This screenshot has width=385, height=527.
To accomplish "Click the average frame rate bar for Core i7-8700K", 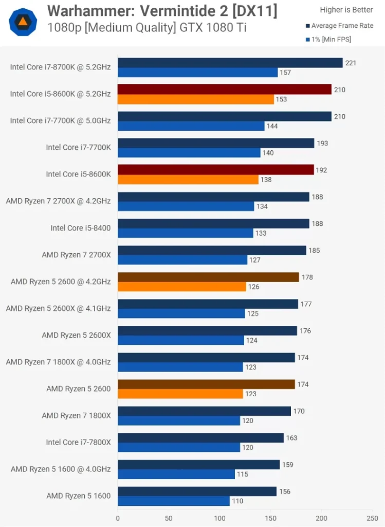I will click(230, 63).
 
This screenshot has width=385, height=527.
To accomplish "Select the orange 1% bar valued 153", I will click(195, 99).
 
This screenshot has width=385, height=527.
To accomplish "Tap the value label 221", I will click(351, 63).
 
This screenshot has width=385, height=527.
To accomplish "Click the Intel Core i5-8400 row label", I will click(80, 227).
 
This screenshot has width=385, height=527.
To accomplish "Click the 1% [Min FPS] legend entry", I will click(331, 39).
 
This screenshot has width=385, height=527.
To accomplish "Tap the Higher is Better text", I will click(346, 10).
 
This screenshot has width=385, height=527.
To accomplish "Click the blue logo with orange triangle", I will click(23, 21).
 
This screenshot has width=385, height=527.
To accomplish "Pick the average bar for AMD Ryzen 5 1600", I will click(197, 491).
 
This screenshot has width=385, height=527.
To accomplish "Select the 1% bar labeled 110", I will click(173, 501).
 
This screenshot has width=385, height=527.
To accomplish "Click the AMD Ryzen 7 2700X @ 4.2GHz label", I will click(58, 201).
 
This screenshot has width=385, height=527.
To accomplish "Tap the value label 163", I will click(291, 437).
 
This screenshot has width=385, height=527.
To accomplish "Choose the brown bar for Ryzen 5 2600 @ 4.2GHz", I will click(208, 277).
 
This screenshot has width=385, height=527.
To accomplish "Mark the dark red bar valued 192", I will click(215, 170).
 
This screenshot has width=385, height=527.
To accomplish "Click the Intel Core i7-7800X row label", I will click(78, 442).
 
